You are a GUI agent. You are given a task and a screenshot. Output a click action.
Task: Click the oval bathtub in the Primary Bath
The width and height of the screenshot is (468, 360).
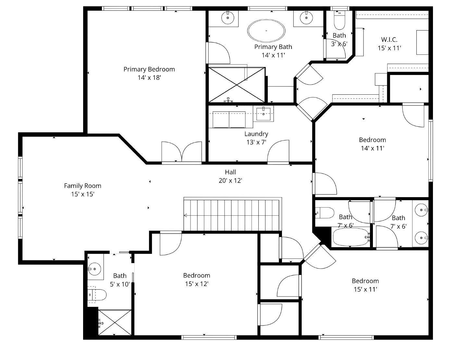point(266,31)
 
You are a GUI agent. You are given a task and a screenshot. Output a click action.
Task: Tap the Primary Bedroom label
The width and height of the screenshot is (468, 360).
point(149,69)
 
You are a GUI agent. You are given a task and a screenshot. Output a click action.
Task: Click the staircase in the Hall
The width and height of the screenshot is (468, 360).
point(232,215)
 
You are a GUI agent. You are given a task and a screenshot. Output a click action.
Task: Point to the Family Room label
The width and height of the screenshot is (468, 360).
point(82,186)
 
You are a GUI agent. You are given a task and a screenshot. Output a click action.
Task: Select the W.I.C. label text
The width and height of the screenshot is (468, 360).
point(389,40)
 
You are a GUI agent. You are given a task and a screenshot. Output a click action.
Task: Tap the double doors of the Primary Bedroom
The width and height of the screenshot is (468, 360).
point(182,152)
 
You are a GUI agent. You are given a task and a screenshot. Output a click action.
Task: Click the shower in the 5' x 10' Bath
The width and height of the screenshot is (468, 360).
point(115,323)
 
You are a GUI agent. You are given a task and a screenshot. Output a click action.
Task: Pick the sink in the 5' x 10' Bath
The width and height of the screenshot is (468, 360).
point(95,269)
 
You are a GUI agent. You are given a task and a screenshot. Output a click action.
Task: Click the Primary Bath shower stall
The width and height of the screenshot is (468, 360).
point(237,85)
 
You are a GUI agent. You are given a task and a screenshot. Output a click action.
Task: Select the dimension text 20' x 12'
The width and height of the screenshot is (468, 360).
point(230,181)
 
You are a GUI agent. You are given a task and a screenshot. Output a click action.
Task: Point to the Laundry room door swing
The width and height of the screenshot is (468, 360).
point(278,151)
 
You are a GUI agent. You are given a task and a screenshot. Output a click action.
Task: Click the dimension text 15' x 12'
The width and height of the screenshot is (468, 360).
point(196,284)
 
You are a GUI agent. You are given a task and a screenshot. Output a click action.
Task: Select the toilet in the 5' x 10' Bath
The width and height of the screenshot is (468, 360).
point(97,295)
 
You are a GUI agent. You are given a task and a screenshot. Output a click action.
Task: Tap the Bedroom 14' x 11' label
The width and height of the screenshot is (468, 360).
point(372,140)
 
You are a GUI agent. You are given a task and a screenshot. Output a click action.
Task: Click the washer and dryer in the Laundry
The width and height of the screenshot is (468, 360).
point(229,119)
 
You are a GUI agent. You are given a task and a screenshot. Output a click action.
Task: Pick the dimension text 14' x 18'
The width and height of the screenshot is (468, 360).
point(149,78)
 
